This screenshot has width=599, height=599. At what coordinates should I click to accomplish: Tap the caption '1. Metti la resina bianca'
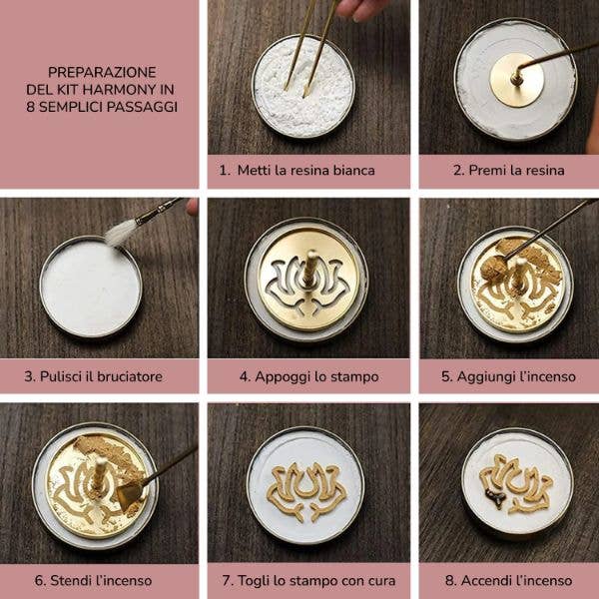point(306,170)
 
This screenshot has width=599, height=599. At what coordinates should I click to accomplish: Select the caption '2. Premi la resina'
point(508,170)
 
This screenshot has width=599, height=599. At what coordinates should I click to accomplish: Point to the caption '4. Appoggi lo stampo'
point(306,376)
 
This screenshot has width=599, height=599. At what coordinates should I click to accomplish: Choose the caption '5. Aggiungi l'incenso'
point(508,376)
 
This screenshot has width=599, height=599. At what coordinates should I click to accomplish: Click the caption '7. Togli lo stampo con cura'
point(306,580)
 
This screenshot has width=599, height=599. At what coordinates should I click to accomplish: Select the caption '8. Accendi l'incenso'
point(508,580)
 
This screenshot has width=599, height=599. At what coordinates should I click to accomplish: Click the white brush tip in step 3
point(121,233)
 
